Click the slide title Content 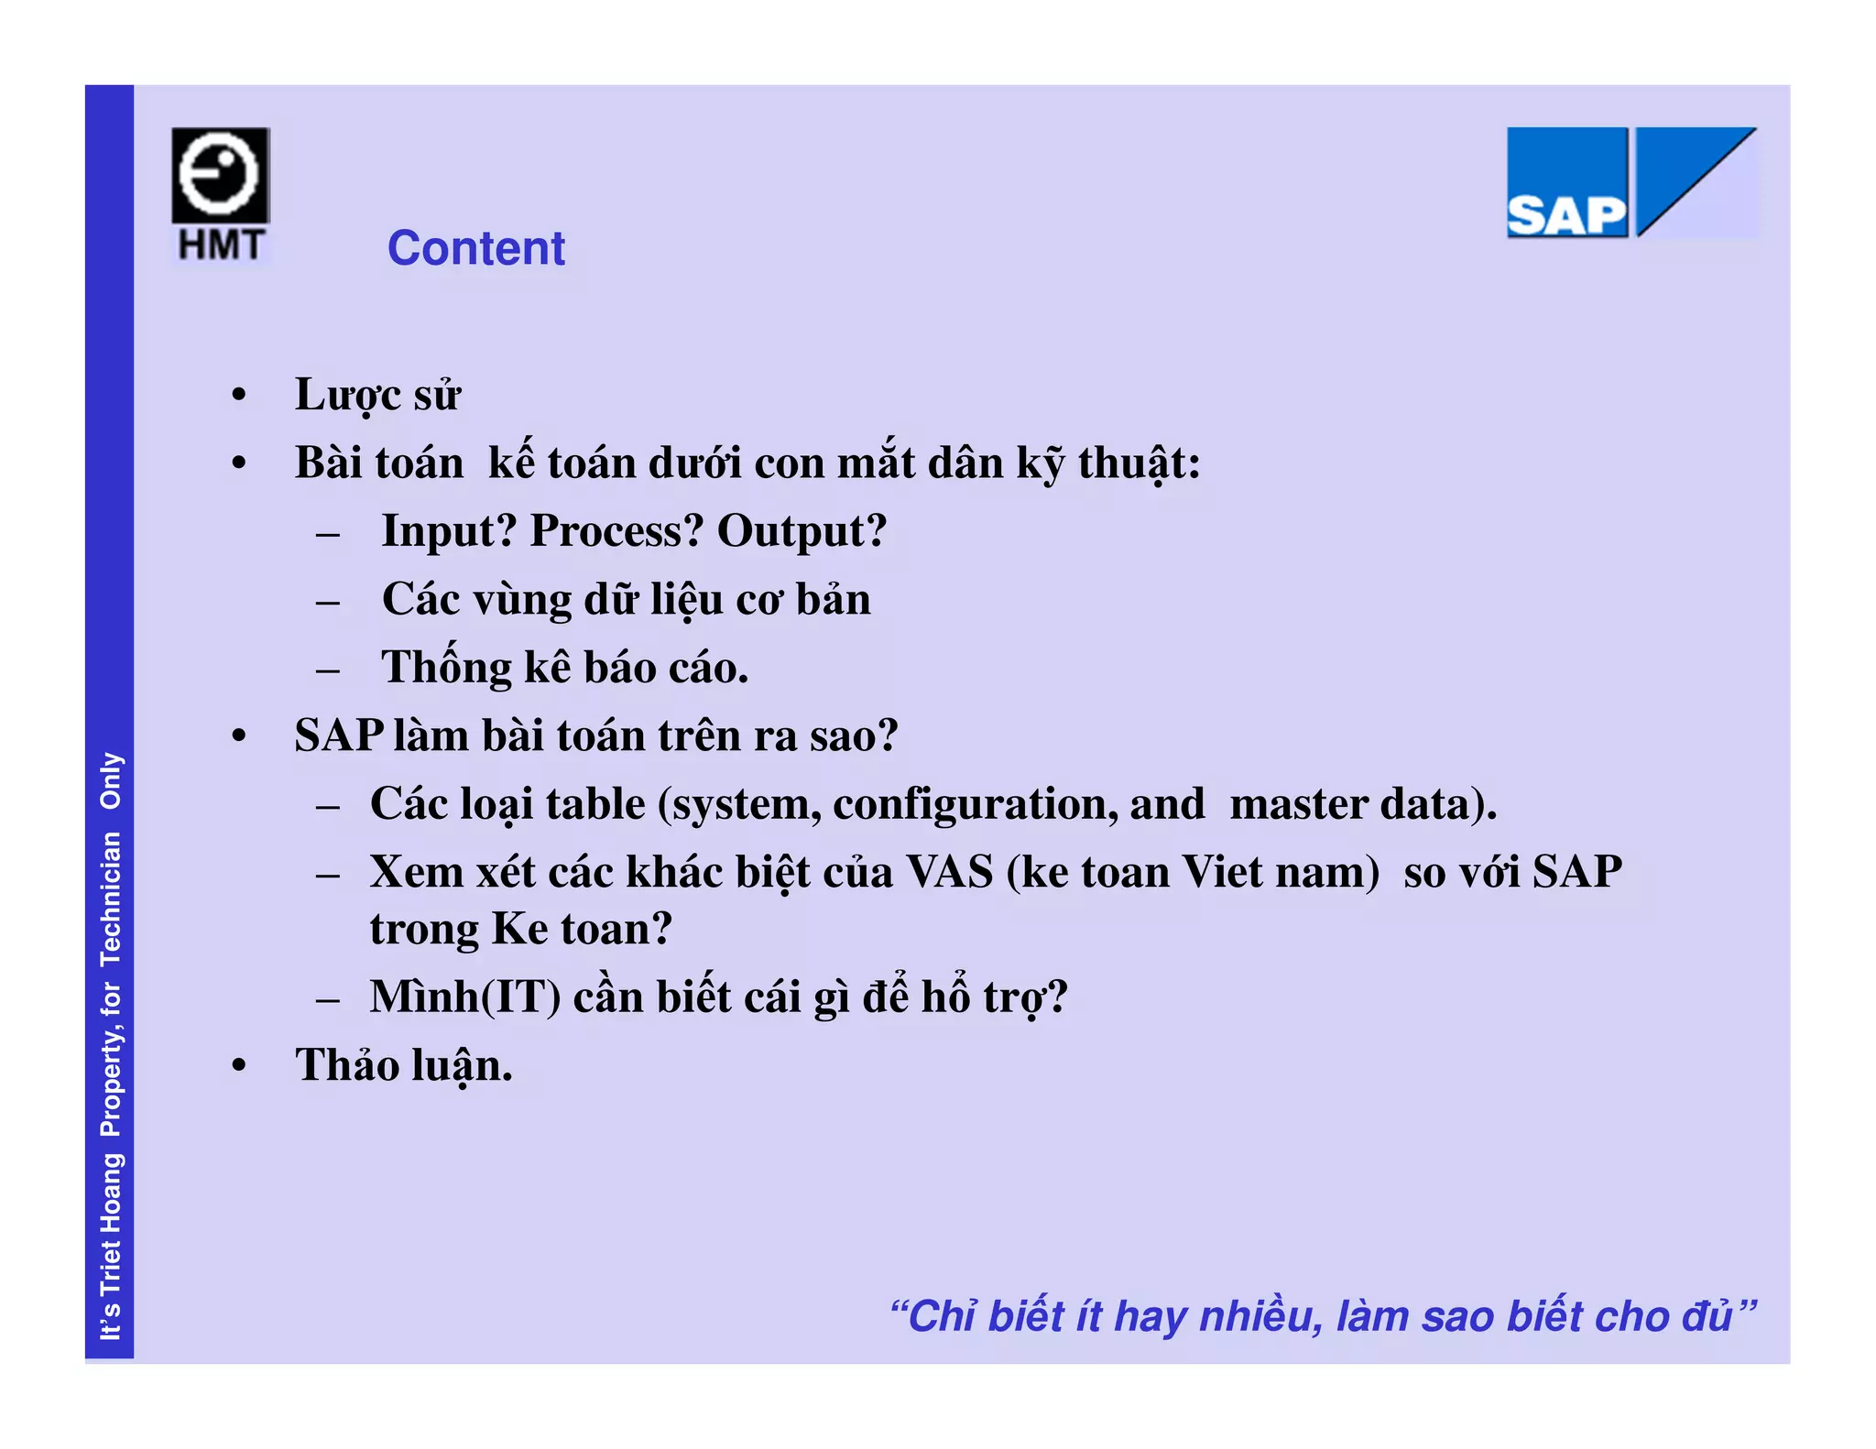[x=475, y=248]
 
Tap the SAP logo [x=1631, y=182]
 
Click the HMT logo [x=221, y=195]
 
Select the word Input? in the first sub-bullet [x=449, y=530]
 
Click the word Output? [x=801, y=530]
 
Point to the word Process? [x=616, y=531]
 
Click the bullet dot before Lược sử [x=239, y=396]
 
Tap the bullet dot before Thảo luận [x=239, y=1066]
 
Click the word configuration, [x=975, y=804]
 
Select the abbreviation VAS [x=950, y=872]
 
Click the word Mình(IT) [x=465, y=997]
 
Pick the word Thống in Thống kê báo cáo [x=446, y=667]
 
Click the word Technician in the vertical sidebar [x=111, y=899]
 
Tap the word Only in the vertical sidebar [x=111, y=780]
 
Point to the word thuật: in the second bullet [x=1139, y=463]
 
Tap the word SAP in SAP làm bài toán [x=339, y=735]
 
